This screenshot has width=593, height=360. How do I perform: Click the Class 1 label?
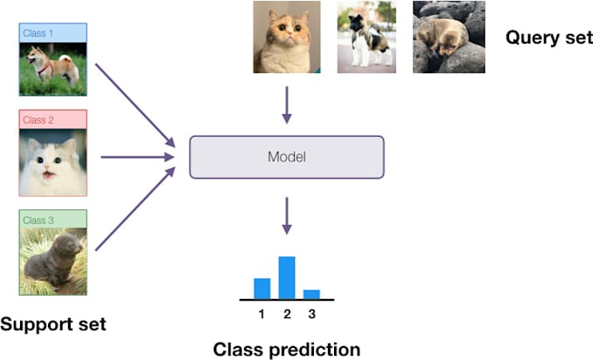38,33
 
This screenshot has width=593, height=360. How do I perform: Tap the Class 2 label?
38,119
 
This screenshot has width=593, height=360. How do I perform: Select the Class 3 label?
38,218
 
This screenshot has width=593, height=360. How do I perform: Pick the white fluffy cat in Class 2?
52,162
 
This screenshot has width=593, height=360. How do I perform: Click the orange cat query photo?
284,37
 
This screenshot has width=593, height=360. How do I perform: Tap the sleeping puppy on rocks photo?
449,37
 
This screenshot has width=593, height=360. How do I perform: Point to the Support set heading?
52,324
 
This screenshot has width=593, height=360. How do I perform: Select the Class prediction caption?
287,350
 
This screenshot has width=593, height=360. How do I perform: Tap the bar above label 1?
262,288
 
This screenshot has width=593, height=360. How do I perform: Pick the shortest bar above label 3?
312,294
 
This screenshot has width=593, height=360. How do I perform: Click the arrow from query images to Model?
287,107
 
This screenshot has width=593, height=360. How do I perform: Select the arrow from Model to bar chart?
287,214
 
